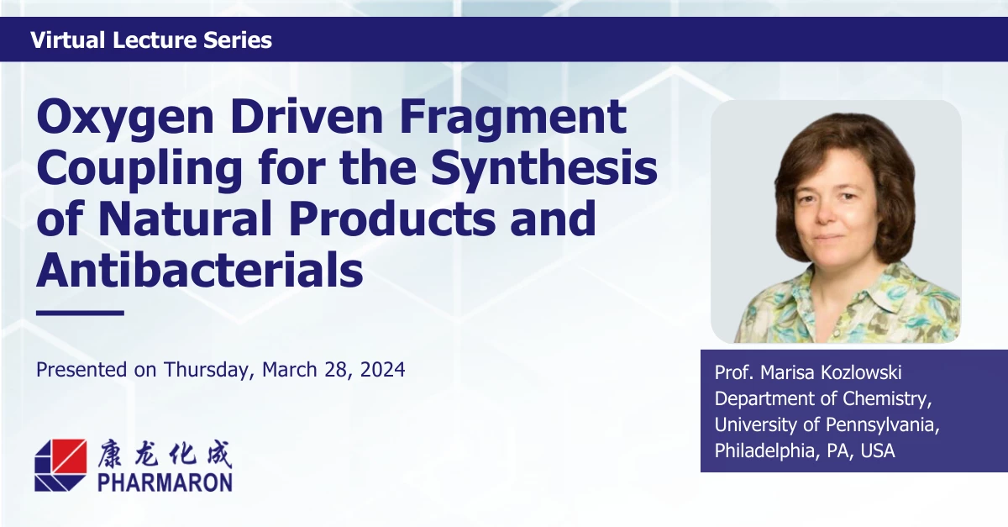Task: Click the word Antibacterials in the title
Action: tap(200, 271)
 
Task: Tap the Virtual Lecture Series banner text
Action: tap(151, 40)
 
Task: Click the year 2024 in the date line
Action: tap(382, 369)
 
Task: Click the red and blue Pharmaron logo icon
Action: tap(60, 465)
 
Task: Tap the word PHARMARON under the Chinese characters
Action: tap(165, 481)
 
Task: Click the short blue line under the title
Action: tap(80, 313)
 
